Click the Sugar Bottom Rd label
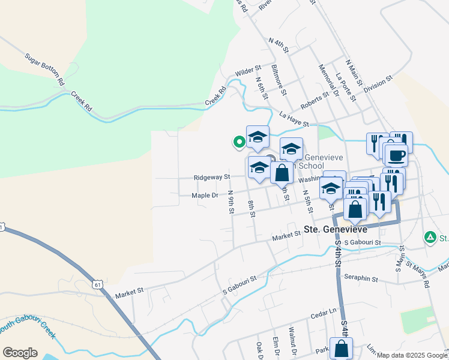pos(44,68)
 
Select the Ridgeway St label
pos(212,178)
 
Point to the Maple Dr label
pos(205,196)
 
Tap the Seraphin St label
pos(360,278)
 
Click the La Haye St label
pos(294,120)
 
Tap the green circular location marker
pos(239,142)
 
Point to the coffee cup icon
pos(396,156)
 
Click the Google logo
pos(20,353)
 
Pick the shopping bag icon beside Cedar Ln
pos(341,348)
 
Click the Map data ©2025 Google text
pos(412,355)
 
